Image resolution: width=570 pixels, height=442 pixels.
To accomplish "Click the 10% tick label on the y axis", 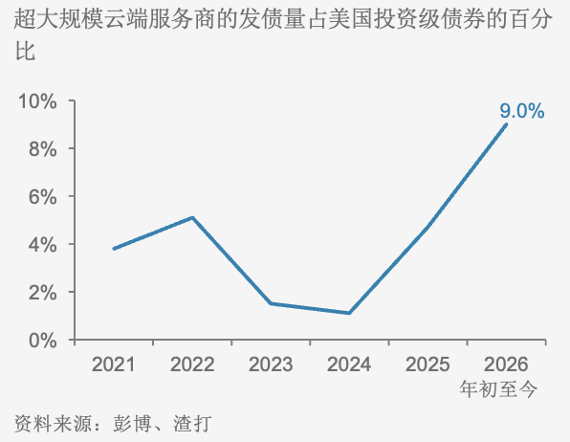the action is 37,100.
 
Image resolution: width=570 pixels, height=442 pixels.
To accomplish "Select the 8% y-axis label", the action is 42,149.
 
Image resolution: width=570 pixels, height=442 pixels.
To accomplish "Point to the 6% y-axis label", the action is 42,197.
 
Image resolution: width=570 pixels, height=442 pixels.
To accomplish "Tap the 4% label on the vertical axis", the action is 42,245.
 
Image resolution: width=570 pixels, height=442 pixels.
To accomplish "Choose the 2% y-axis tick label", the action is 42,293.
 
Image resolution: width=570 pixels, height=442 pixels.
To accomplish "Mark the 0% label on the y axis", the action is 42,341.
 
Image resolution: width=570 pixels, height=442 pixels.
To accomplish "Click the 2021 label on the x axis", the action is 114,365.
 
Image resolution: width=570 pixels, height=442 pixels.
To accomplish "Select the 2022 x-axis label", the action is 192,365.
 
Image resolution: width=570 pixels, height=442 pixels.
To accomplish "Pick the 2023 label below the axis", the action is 271,365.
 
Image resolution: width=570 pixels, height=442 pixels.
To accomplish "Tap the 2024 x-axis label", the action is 349,365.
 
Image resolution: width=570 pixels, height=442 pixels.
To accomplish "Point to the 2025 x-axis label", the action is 427,365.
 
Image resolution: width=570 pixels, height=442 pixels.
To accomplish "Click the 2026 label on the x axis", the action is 506,365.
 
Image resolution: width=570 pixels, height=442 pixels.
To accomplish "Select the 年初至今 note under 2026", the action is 498,388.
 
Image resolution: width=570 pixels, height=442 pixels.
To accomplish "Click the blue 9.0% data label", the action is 522,111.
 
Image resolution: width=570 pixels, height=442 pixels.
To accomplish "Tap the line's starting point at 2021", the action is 114,249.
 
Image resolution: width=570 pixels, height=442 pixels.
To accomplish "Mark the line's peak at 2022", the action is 192,217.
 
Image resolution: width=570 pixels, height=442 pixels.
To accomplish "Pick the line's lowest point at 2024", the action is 349,313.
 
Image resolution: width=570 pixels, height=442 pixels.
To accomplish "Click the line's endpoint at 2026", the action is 506,124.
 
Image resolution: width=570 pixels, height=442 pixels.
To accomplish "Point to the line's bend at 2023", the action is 271,303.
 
